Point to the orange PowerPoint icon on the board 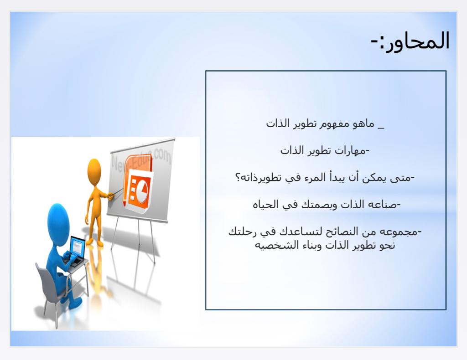(x=138, y=184)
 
